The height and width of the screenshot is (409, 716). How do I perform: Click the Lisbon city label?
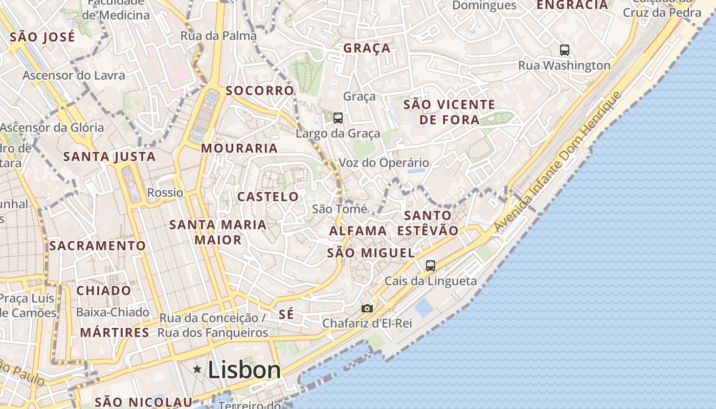tap(244, 370)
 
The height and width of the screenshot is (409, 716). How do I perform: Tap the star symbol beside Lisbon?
tap(197, 369)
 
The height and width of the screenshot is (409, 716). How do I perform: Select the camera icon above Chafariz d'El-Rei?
tap(367, 308)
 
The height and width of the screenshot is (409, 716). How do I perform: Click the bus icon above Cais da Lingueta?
tap(431, 266)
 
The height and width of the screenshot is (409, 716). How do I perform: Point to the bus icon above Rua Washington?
tap(565, 50)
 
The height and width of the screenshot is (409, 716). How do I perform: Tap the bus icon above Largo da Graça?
tap(338, 118)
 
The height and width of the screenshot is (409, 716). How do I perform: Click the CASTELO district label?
tap(268, 197)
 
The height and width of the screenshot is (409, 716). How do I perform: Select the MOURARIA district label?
tap(239, 149)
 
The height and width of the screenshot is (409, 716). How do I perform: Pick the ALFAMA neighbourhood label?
tap(358, 231)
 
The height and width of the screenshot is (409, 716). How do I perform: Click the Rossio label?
tap(165, 193)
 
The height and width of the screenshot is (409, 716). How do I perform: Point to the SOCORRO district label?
tap(260, 91)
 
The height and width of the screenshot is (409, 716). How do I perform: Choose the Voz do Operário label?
tap(384, 163)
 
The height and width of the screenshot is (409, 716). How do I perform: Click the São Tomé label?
tap(340, 209)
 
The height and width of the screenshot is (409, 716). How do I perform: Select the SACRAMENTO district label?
tap(98, 246)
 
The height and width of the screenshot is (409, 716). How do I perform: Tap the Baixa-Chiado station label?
tap(113, 312)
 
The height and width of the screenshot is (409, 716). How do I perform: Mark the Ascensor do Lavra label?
tap(74, 76)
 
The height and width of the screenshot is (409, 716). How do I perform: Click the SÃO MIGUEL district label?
tap(371, 253)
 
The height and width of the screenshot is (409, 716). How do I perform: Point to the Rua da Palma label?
tap(218, 36)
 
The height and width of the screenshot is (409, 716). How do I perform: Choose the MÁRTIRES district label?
tap(115, 333)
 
